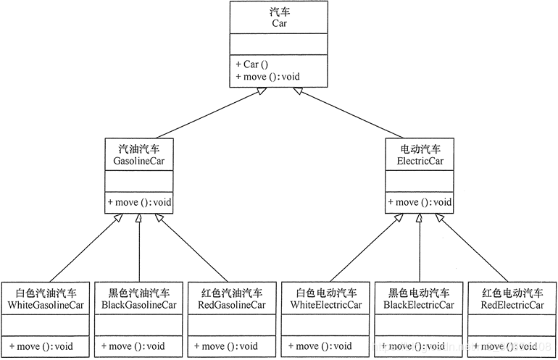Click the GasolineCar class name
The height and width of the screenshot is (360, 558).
click(139, 161)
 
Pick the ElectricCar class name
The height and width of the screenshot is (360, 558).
click(420, 161)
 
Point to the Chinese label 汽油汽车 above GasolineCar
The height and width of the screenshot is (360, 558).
click(139, 148)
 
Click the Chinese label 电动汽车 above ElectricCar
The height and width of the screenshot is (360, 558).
click(420, 148)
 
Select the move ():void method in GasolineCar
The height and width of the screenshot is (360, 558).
click(140, 202)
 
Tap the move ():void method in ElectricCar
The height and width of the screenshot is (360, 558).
click(420, 202)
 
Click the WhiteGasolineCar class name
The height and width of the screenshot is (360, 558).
click(46, 305)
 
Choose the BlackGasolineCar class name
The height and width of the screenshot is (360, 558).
click(139, 305)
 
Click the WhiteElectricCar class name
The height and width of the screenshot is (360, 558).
click(326, 305)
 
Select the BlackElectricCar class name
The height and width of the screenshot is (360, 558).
click(420, 305)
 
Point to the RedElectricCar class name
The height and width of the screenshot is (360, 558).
click(512, 305)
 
